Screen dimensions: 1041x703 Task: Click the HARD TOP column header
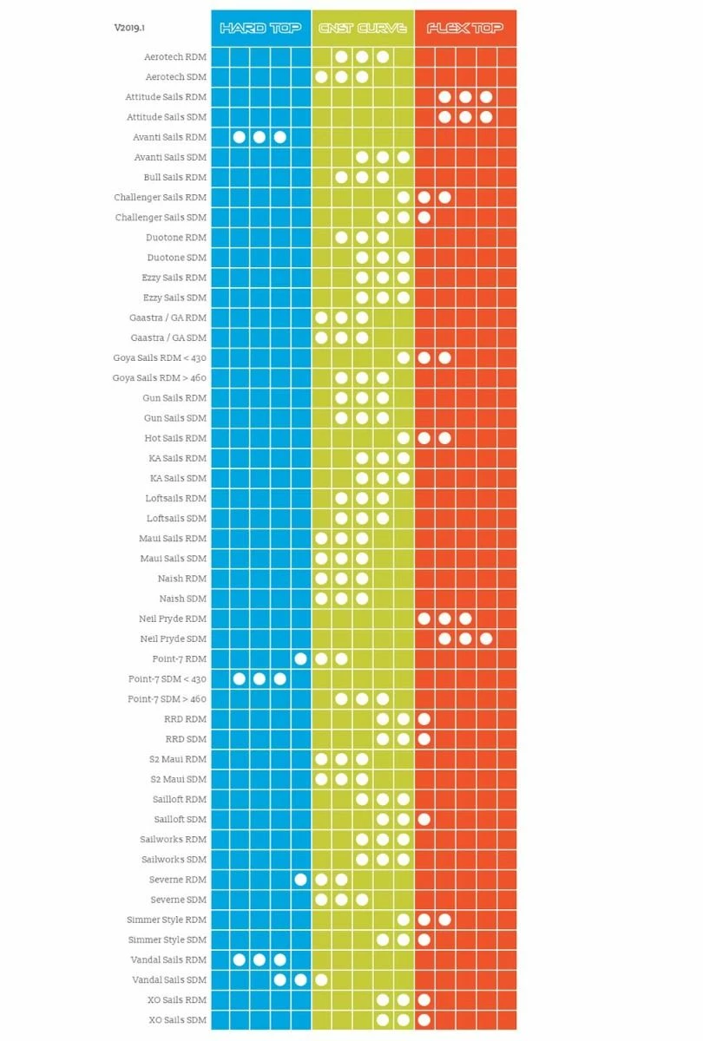pos(260,29)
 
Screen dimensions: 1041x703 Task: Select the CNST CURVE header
pos(362,29)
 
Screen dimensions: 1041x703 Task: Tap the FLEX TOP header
pos(464,29)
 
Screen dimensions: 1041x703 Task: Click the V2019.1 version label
pos(130,28)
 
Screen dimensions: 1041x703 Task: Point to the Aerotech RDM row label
pos(175,57)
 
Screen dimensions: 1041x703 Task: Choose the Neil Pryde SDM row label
pos(173,638)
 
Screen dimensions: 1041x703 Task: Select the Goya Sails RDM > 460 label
pos(160,377)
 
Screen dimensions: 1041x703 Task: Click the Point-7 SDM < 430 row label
pos(168,678)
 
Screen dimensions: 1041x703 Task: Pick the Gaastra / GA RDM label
pos(168,318)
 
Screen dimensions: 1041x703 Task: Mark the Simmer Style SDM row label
pos(167,940)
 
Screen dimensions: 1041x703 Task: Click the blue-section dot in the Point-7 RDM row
pos(300,658)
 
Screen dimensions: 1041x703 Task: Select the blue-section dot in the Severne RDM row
pos(300,880)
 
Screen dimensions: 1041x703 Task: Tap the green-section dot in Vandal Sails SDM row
pos(321,979)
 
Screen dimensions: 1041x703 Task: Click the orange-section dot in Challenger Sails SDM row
pos(424,217)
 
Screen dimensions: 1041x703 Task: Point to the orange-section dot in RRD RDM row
pos(424,719)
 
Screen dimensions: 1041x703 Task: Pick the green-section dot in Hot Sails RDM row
pos(404,438)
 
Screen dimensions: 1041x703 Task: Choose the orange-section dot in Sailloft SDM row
pos(424,819)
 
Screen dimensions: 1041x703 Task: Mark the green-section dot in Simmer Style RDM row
pos(404,920)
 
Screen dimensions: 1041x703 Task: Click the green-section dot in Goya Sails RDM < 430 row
pos(404,357)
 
